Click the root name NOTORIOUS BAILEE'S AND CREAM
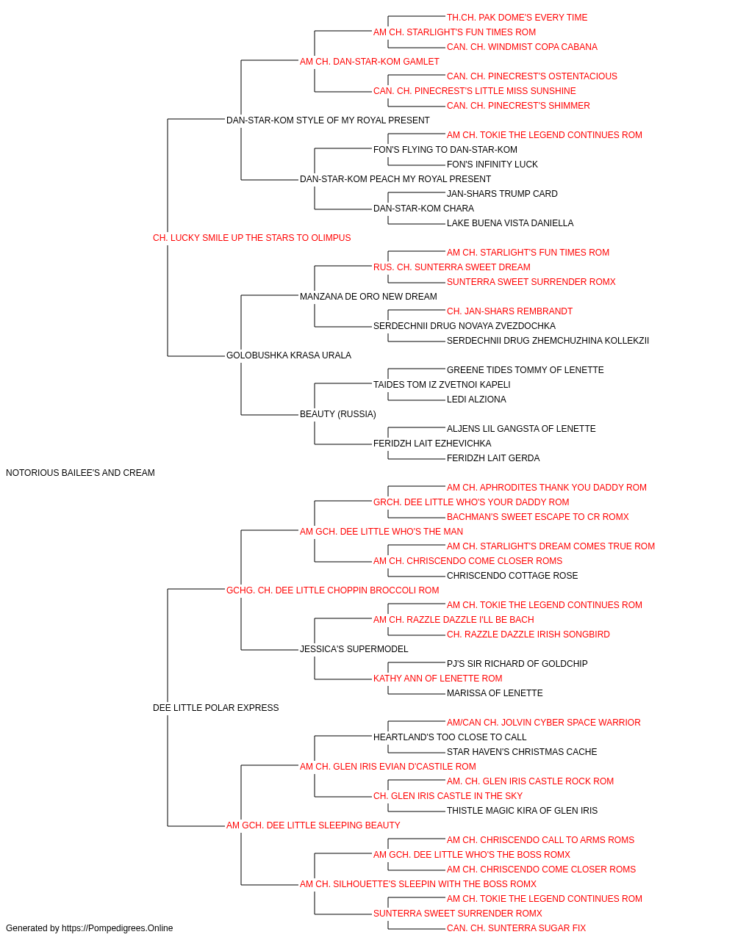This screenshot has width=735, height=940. pyautogui.click(x=80, y=473)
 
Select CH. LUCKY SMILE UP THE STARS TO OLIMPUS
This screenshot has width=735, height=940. pyautogui.click(x=251, y=238)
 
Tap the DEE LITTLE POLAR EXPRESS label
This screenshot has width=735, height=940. pyautogui.click(x=215, y=708)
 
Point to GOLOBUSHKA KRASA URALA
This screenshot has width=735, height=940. pyautogui.click(x=289, y=355)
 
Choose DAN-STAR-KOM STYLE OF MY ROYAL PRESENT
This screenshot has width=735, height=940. pyautogui.click(x=328, y=120)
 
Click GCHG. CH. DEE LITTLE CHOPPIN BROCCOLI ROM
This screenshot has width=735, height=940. pyautogui.click(x=332, y=590)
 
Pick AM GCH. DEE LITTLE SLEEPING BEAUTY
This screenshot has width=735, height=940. pyautogui.click(x=313, y=825)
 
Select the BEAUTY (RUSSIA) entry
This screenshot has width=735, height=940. pyautogui.click(x=337, y=414)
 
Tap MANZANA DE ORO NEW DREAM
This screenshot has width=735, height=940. pyautogui.click(x=368, y=296)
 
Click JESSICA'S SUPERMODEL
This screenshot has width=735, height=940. pyautogui.click(x=354, y=649)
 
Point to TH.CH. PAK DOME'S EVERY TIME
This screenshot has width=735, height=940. pyautogui.click(x=517, y=18)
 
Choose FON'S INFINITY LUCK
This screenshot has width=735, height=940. pyautogui.click(x=492, y=164)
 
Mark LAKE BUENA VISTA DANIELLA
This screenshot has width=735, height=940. pyautogui.click(x=510, y=223)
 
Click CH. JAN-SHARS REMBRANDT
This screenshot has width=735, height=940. pyautogui.click(x=509, y=311)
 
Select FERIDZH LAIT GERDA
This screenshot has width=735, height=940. pyautogui.click(x=493, y=458)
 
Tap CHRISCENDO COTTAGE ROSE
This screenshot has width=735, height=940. pyautogui.click(x=512, y=575)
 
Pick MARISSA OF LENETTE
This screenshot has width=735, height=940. pyautogui.click(x=495, y=693)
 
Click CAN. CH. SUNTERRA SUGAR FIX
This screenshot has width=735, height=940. pyautogui.click(x=516, y=928)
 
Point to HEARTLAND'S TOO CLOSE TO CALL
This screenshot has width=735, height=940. pyautogui.click(x=450, y=737)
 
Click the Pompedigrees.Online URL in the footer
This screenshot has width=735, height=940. pyautogui.click(x=117, y=928)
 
